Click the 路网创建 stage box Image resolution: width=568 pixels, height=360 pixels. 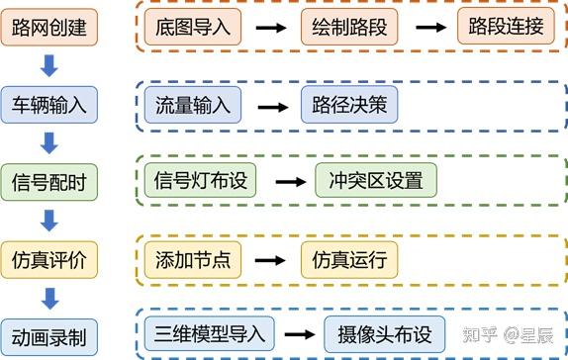click(x=48, y=27)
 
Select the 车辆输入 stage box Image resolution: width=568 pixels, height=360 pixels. click(x=48, y=104)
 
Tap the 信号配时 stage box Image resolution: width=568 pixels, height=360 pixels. click(x=48, y=182)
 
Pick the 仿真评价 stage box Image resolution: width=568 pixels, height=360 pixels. click(x=48, y=259)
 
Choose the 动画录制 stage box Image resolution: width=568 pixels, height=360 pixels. click(x=48, y=334)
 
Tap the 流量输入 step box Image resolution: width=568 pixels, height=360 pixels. click(x=192, y=104)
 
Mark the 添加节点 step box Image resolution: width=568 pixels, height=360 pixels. click(x=192, y=259)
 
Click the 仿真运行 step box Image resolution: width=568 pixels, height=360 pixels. click(x=348, y=259)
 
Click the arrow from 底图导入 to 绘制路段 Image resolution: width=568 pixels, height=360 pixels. click(x=268, y=27)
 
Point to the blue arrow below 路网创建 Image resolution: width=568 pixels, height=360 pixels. click(x=48, y=65)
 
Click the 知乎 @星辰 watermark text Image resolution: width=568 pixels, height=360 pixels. click(x=514, y=335)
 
